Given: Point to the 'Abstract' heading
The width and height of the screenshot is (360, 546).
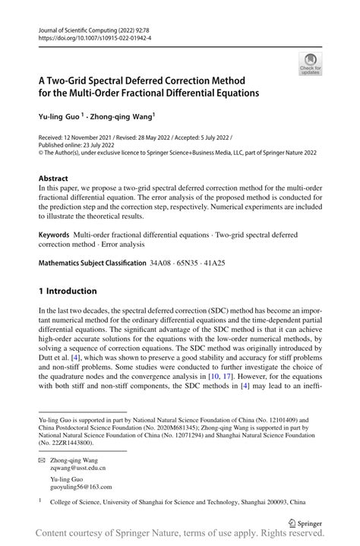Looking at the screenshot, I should (x=53, y=178).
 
